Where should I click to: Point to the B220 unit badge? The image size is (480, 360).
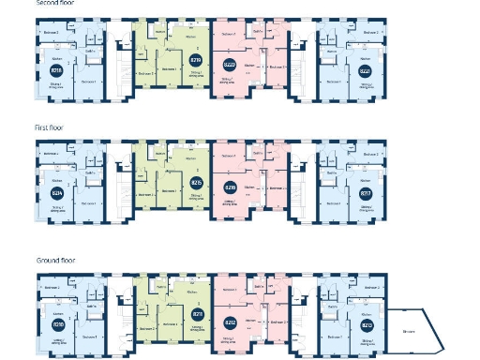231,64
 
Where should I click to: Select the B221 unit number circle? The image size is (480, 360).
365,70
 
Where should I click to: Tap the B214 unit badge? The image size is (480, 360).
57,192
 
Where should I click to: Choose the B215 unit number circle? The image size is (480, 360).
197,182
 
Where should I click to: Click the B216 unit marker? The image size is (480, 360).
231,187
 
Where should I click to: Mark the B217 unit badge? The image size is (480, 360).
365,194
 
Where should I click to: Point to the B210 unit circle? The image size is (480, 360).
57,324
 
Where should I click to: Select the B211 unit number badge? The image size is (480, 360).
197,314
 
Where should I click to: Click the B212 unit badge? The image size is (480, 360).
231,322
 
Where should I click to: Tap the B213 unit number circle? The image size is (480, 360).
365,325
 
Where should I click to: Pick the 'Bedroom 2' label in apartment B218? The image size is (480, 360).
52,33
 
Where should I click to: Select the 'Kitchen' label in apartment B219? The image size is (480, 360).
191,38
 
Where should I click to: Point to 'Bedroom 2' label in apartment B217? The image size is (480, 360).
371,155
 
